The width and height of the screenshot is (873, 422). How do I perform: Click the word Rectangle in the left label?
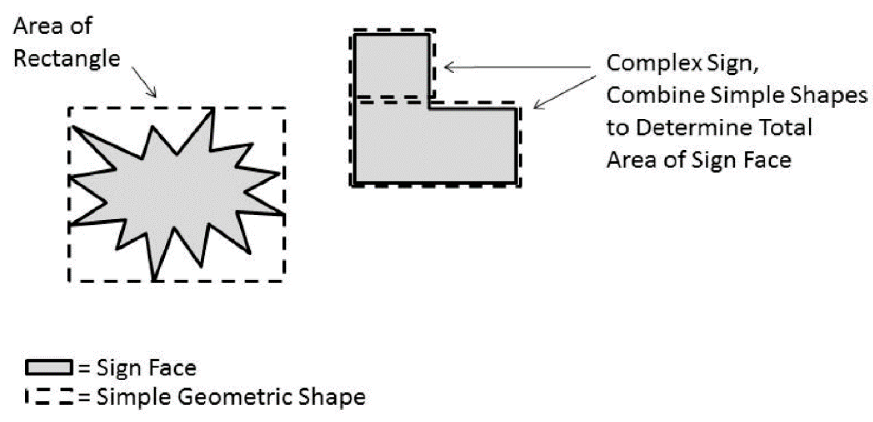[67, 59]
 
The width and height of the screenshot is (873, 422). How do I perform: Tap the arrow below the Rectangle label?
[144, 82]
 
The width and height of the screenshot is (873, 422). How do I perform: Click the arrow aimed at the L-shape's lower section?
[564, 93]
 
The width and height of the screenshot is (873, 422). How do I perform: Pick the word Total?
[785, 128]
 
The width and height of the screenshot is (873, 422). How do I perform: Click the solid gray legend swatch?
[48, 368]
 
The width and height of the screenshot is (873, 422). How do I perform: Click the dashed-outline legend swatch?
[49, 397]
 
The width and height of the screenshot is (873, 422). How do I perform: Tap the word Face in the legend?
[174, 368]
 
